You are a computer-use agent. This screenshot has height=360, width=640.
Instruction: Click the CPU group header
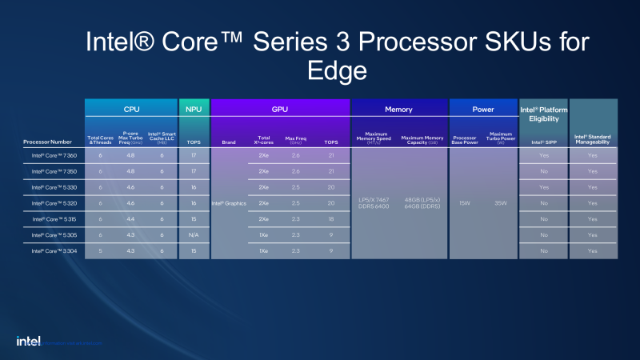(131, 109)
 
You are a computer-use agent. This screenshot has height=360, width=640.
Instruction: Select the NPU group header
(194, 109)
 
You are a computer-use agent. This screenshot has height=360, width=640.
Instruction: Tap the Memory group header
(398, 109)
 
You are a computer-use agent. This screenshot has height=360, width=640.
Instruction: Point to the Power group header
(483, 109)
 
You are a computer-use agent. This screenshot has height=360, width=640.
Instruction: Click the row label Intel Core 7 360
(54, 154)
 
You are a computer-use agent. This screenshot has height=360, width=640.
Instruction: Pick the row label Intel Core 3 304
(54, 250)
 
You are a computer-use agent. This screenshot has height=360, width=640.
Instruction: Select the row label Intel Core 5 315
(54, 218)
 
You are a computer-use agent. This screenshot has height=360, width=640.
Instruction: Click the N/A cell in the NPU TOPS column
(194, 234)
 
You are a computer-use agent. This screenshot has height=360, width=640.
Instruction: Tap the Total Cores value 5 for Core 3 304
(101, 250)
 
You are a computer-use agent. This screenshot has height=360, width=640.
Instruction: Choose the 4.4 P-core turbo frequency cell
(130, 218)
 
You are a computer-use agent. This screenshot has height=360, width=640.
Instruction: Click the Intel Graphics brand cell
(229, 203)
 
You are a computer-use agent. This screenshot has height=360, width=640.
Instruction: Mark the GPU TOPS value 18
(331, 218)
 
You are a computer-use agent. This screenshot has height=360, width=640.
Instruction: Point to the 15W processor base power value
(465, 203)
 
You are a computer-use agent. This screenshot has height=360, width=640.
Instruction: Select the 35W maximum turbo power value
(501, 203)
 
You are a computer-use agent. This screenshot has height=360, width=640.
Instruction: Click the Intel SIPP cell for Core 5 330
(544, 186)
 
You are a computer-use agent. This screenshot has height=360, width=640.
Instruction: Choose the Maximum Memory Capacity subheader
(423, 139)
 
